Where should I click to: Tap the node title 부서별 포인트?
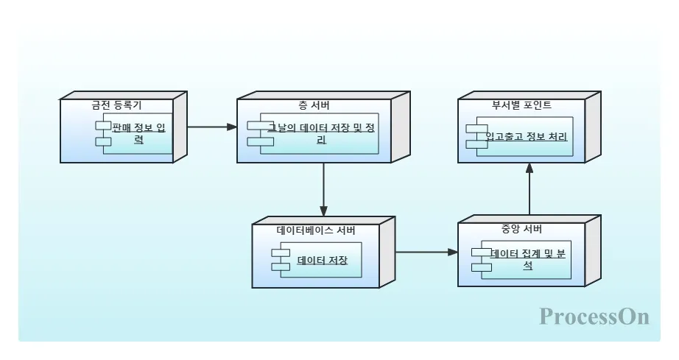[521, 105]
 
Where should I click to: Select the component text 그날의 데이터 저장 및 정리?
[321, 133]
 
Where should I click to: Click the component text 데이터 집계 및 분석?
[528, 259]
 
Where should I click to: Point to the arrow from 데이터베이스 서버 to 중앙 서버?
[426, 252]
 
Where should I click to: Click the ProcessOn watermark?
[594, 317]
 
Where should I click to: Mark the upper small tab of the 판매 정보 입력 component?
[102, 126]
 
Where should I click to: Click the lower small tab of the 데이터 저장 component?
[280, 267]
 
